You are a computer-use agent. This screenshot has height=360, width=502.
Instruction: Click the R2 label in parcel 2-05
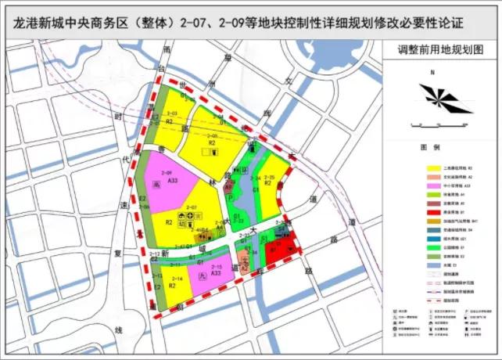[211, 142]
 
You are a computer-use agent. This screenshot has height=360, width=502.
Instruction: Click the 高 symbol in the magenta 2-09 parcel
[156, 185]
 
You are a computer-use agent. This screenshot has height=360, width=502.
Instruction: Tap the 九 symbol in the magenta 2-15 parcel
[203, 278]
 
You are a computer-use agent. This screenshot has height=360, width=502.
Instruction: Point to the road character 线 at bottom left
[118, 329]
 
